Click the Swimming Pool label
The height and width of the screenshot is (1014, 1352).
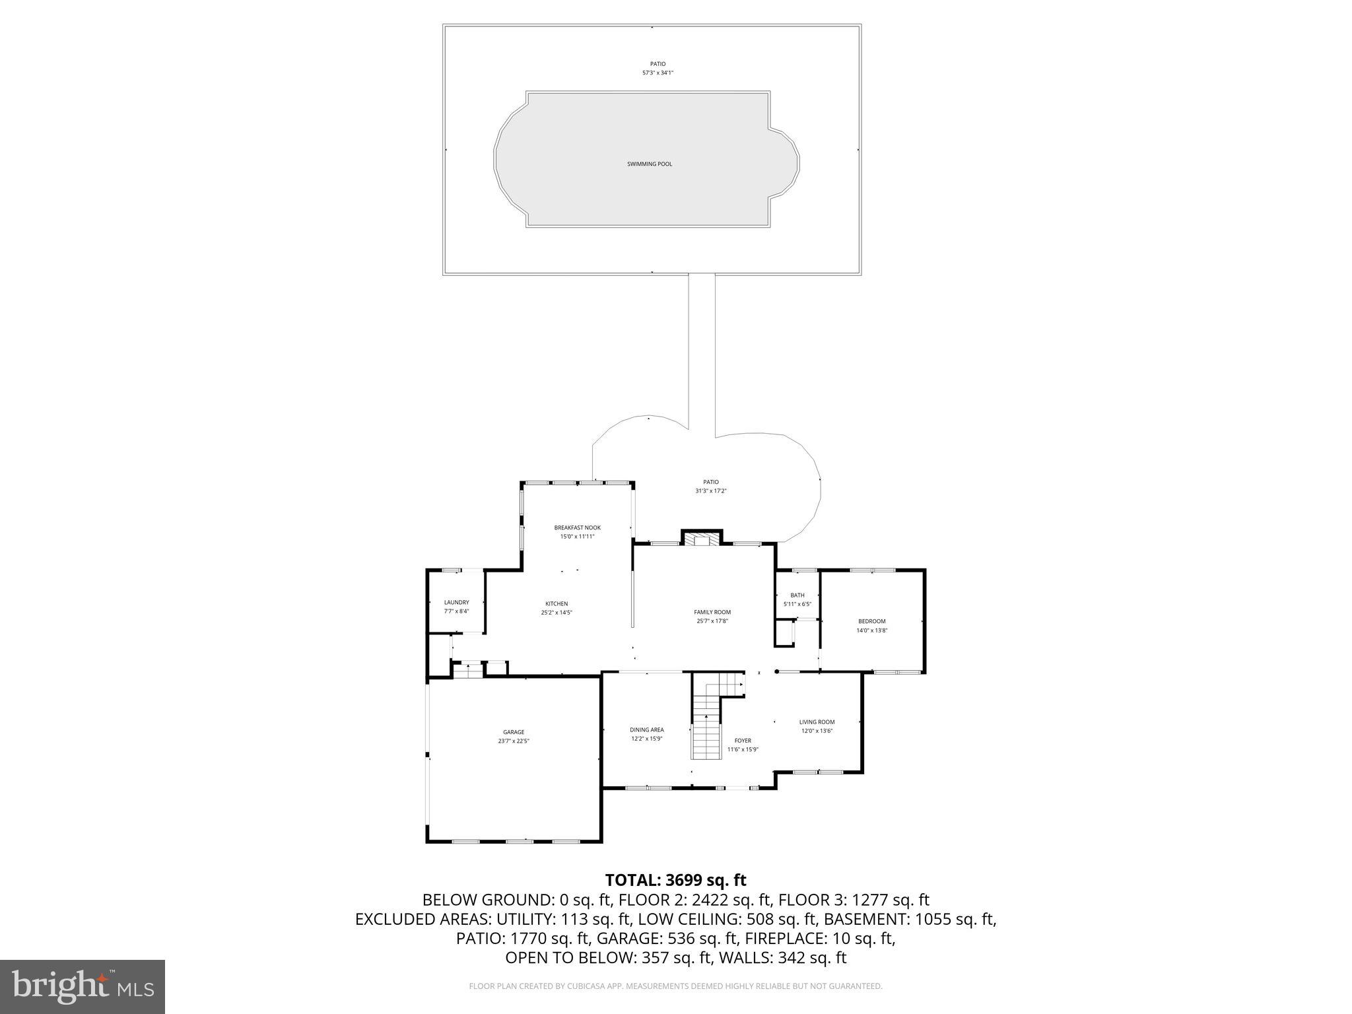pyautogui.click(x=650, y=164)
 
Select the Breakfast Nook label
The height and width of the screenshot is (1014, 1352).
pyautogui.click(x=577, y=527)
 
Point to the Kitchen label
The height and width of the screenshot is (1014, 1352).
pyautogui.click(x=557, y=603)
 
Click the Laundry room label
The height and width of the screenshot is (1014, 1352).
pyautogui.click(x=456, y=602)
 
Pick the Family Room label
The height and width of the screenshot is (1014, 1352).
pyautogui.click(x=712, y=612)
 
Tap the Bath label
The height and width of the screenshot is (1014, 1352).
pyautogui.click(x=797, y=595)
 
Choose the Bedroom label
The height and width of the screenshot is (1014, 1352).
pyautogui.click(x=871, y=621)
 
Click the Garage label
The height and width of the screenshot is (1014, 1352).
pyautogui.click(x=514, y=732)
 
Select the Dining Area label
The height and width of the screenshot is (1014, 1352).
pyautogui.click(x=646, y=729)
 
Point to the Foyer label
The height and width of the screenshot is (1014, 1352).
pyautogui.click(x=743, y=741)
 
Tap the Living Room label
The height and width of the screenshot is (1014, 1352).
pyautogui.click(x=817, y=722)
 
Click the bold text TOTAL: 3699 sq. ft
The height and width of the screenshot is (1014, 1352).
pyautogui.click(x=675, y=880)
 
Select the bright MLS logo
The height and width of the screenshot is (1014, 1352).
pyautogui.click(x=83, y=986)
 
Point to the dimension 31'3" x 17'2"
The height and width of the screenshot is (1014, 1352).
pyautogui.click(x=710, y=491)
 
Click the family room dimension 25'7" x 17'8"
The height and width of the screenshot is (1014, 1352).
pyautogui.click(x=712, y=621)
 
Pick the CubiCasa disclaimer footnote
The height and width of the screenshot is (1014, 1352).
pyautogui.click(x=675, y=986)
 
